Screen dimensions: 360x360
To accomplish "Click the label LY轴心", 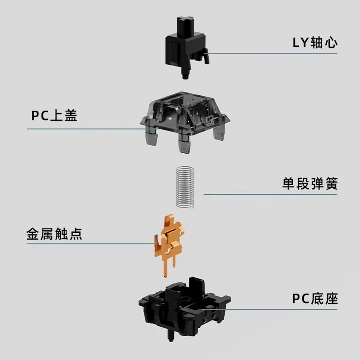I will (x=315, y=43).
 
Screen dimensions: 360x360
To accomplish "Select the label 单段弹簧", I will (x=309, y=184).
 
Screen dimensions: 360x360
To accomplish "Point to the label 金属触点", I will (x=54, y=234).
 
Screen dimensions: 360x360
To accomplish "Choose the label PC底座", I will (x=315, y=299).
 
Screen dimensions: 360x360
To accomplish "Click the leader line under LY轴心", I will (x=274, y=53).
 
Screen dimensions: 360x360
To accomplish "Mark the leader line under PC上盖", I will (x=88, y=129).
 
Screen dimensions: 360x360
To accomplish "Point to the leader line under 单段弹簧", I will (x=271, y=194).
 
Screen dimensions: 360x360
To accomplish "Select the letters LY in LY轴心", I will (x=301, y=43).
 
